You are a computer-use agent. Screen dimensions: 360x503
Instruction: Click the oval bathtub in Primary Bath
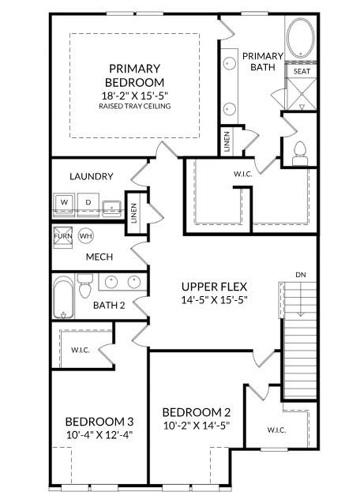pyautogui.click(x=301, y=38)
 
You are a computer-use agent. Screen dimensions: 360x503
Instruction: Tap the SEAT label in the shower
pyautogui.click(x=302, y=71)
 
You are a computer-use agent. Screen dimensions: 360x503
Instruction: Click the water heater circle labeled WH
pyautogui.click(x=86, y=236)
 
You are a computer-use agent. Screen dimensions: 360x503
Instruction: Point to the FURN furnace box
pyautogui.click(x=63, y=236)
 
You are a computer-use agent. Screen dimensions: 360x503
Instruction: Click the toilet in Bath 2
pyautogui.click(x=85, y=286)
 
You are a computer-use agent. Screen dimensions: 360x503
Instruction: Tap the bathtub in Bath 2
pyautogui.click(x=63, y=297)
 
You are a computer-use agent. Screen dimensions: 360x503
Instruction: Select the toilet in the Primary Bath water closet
pyautogui.click(x=300, y=153)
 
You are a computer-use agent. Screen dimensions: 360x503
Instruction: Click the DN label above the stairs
pyautogui.click(x=300, y=275)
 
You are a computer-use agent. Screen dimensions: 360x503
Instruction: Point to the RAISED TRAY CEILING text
pyautogui.click(x=135, y=106)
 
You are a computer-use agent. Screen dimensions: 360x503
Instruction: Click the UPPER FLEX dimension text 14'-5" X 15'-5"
pyautogui.click(x=214, y=300)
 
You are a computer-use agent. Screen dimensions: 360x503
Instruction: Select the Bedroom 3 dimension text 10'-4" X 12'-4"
pyautogui.click(x=99, y=435)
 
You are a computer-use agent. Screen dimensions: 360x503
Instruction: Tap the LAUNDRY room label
pyautogui.click(x=92, y=176)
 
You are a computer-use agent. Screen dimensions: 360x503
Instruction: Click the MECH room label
pyautogui.click(x=99, y=257)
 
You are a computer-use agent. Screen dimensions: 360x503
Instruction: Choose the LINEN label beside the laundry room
pyautogui.click(x=133, y=213)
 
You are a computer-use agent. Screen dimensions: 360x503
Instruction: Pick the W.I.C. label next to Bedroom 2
pyautogui.click(x=276, y=430)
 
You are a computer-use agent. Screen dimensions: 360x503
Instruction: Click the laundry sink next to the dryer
pyautogui.click(x=111, y=208)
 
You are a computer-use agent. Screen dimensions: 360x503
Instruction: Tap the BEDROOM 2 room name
pyautogui.click(x=197, y=412)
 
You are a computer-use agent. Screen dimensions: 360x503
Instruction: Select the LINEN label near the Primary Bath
pyautogui.click(x=227, y=141)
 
